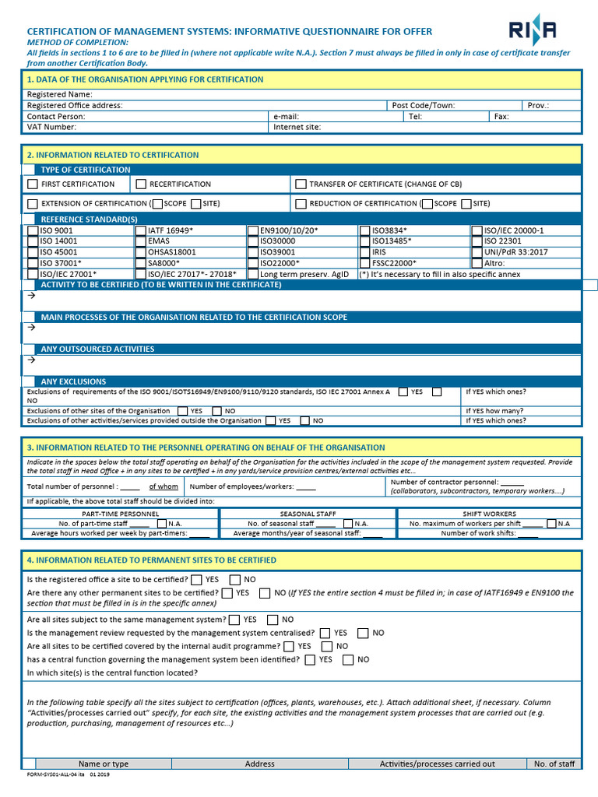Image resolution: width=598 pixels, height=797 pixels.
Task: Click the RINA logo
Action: [533, 30]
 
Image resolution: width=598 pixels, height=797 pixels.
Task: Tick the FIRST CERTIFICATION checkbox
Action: [32, 184]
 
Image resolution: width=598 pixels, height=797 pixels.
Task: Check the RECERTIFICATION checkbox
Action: [141, 184]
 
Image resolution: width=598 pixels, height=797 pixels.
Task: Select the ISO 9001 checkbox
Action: [32, 230]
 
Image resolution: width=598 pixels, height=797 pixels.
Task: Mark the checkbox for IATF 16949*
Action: [141, 230]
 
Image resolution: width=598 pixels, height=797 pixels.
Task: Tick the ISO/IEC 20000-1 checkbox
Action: [477, 230]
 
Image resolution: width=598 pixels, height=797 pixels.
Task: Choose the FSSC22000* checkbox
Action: [365, 263]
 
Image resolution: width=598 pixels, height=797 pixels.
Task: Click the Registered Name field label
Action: [60, 94]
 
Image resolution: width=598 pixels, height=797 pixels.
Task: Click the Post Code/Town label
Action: [423, 105]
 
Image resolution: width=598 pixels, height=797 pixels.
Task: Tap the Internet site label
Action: [297, 127]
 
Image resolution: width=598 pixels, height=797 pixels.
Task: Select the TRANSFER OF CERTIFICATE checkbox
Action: [301, 184]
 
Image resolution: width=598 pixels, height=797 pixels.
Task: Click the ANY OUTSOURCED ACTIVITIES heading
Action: [97, 349]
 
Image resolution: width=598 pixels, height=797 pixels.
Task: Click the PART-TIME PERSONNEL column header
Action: [121, 514]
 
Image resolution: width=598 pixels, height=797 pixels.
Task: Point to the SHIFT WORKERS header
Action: [489, 514]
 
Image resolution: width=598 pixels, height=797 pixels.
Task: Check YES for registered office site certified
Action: [196, 580]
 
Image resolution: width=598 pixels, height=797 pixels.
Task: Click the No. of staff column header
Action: [554, 764]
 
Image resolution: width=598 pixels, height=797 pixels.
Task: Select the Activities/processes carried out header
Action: [437, 764]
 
